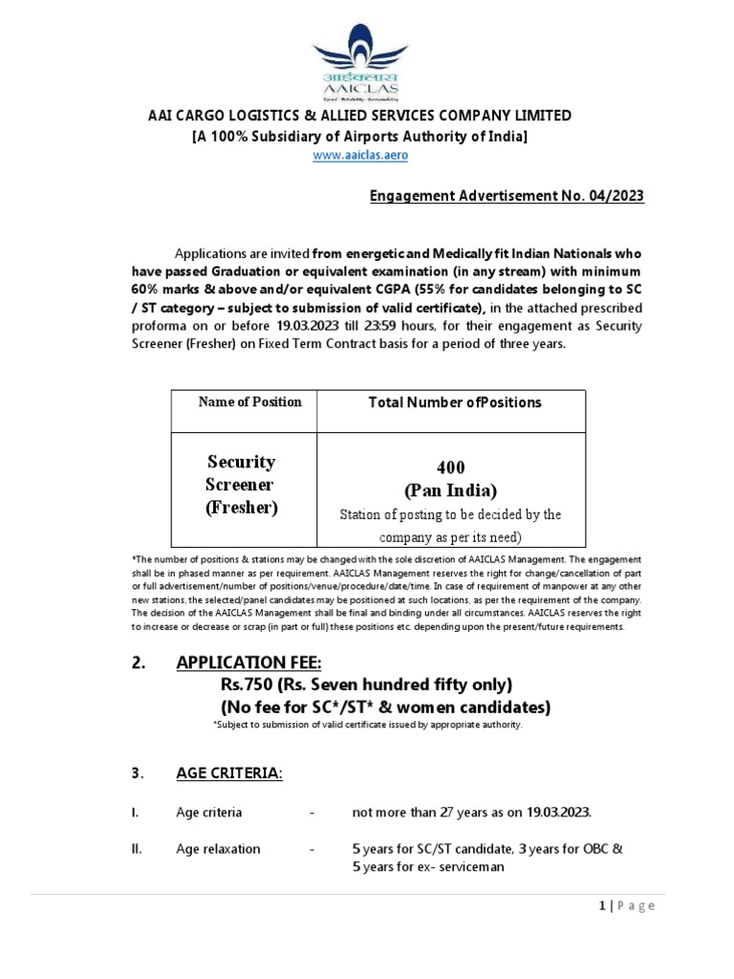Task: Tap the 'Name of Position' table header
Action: pos(249,402)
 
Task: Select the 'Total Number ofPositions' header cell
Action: pos(455,402)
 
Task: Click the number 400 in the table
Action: pos(451,468)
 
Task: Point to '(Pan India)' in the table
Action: pos(451,491)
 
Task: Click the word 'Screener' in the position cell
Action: pos(240,485)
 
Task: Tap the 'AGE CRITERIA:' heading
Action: pos(229,772)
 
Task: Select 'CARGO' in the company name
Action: pos(196,117)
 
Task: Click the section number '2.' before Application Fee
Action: pos(137,663)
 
